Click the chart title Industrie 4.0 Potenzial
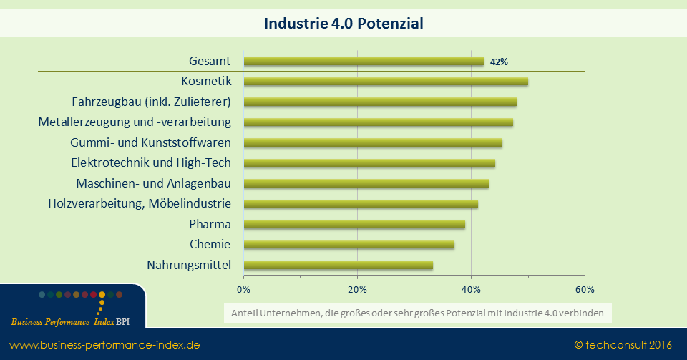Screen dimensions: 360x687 [x=343, y=24]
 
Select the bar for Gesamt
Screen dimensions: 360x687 [x=364, y=62]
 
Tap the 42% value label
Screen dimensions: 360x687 [x=499, y=62]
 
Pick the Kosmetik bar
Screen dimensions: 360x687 [x=386, y=82]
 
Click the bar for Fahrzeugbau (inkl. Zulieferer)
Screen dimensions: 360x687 [x=380, y=102]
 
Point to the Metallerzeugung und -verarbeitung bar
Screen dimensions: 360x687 [x=378, y=122]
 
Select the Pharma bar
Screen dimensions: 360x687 [x=354, y=225]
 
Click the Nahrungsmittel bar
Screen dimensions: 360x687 [x=338, y=266]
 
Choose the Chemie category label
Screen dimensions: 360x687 [x=210, y=245]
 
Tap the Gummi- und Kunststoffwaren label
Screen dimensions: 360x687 [x=150, y=142]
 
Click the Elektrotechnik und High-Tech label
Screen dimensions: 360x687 [x=150, y=162]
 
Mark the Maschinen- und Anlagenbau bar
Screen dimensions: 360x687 [x=366, y=184]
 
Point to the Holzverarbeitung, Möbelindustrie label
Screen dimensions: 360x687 [x=140, y=204]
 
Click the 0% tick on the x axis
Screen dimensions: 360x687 [x=243, y=289]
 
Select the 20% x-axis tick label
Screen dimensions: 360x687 [x=357, y=289]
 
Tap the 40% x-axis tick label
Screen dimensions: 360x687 [x=471, y=289]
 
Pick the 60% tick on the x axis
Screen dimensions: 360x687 [x=585, y=289]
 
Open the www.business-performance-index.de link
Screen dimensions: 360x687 [x=104, y=345]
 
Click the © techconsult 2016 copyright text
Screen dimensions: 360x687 [x=623, y=345]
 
